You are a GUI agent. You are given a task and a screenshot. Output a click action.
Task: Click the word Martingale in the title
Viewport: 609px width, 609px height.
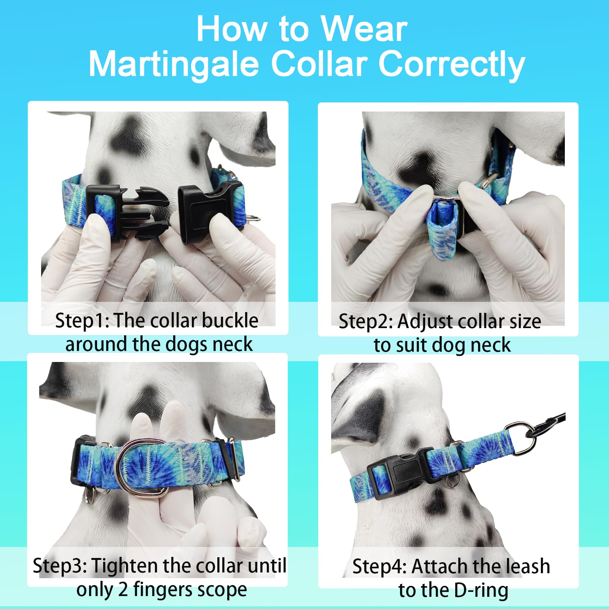(x=174, y=64)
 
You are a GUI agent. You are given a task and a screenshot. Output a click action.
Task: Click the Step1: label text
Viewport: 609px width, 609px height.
(x=82, y=320)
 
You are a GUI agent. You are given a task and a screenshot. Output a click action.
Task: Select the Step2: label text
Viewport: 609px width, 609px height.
(x=366, y=322)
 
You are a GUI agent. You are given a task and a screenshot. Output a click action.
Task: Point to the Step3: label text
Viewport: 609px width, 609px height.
(x=60, y=566)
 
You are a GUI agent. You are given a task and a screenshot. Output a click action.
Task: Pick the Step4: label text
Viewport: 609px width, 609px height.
(x=379, y=566)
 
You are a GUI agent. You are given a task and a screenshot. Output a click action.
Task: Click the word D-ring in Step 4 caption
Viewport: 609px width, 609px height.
(x=481, y=590)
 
